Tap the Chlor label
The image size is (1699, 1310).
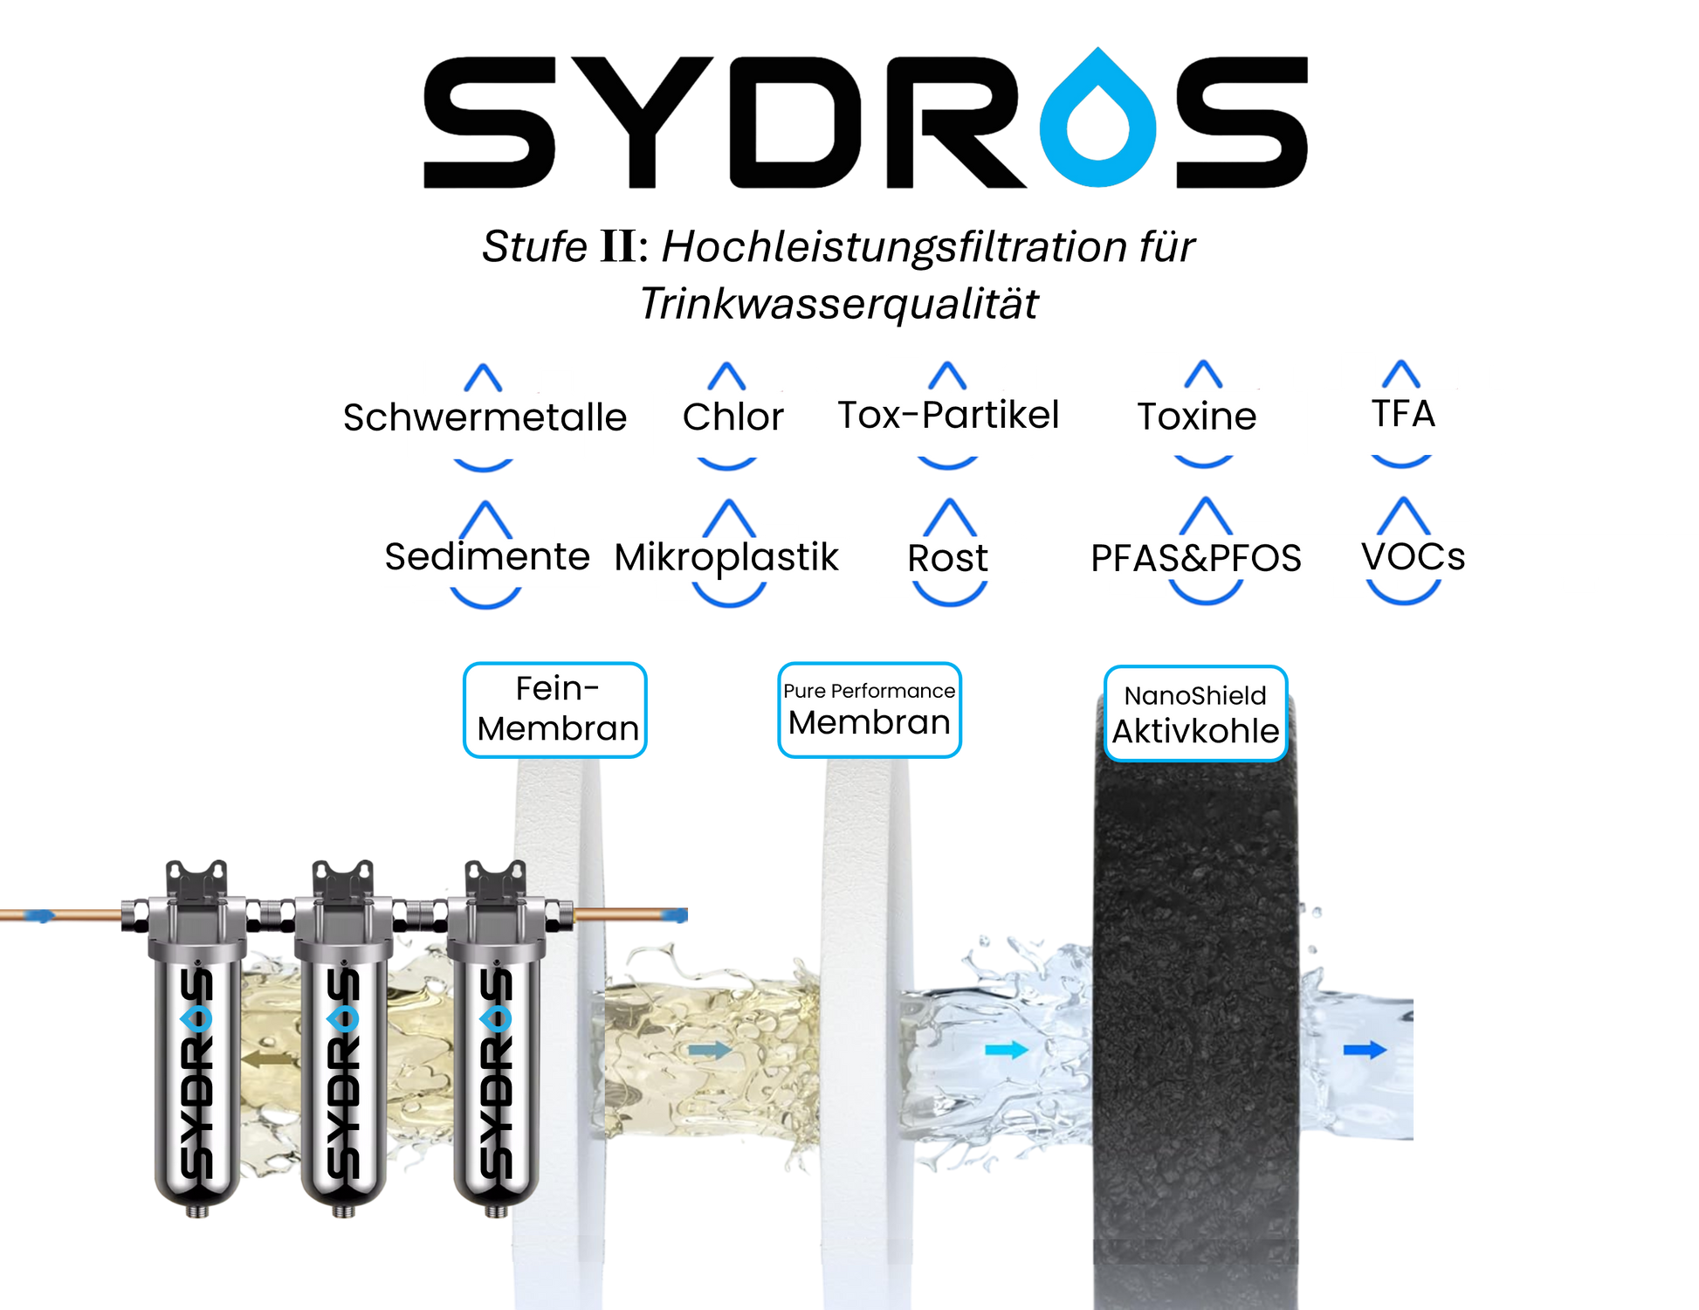tap(733, 417)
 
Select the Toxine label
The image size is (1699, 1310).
tap(1197, 416)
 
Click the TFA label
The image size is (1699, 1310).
tap(1403, 413)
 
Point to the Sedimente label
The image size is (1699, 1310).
tap(487, 557)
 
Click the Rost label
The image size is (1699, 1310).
tap(947, 558)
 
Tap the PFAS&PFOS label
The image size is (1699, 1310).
tap(1195, 558)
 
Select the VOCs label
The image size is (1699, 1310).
tap(1413, 556)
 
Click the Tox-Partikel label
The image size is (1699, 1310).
tap(943, 415)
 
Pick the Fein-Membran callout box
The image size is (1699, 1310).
tap(555, 709)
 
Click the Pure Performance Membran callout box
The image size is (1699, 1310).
tap(869, 709)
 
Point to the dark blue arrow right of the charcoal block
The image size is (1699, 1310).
tap(1365, 1050)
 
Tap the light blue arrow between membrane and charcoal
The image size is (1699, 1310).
tap(1006, 1050)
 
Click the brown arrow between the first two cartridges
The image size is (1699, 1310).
tap(266, 1059)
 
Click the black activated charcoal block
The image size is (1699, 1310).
tap(1195, 1004)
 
